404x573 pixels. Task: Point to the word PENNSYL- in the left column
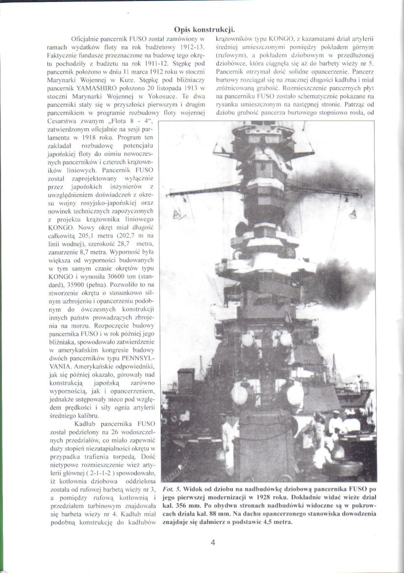pos(138,357)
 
